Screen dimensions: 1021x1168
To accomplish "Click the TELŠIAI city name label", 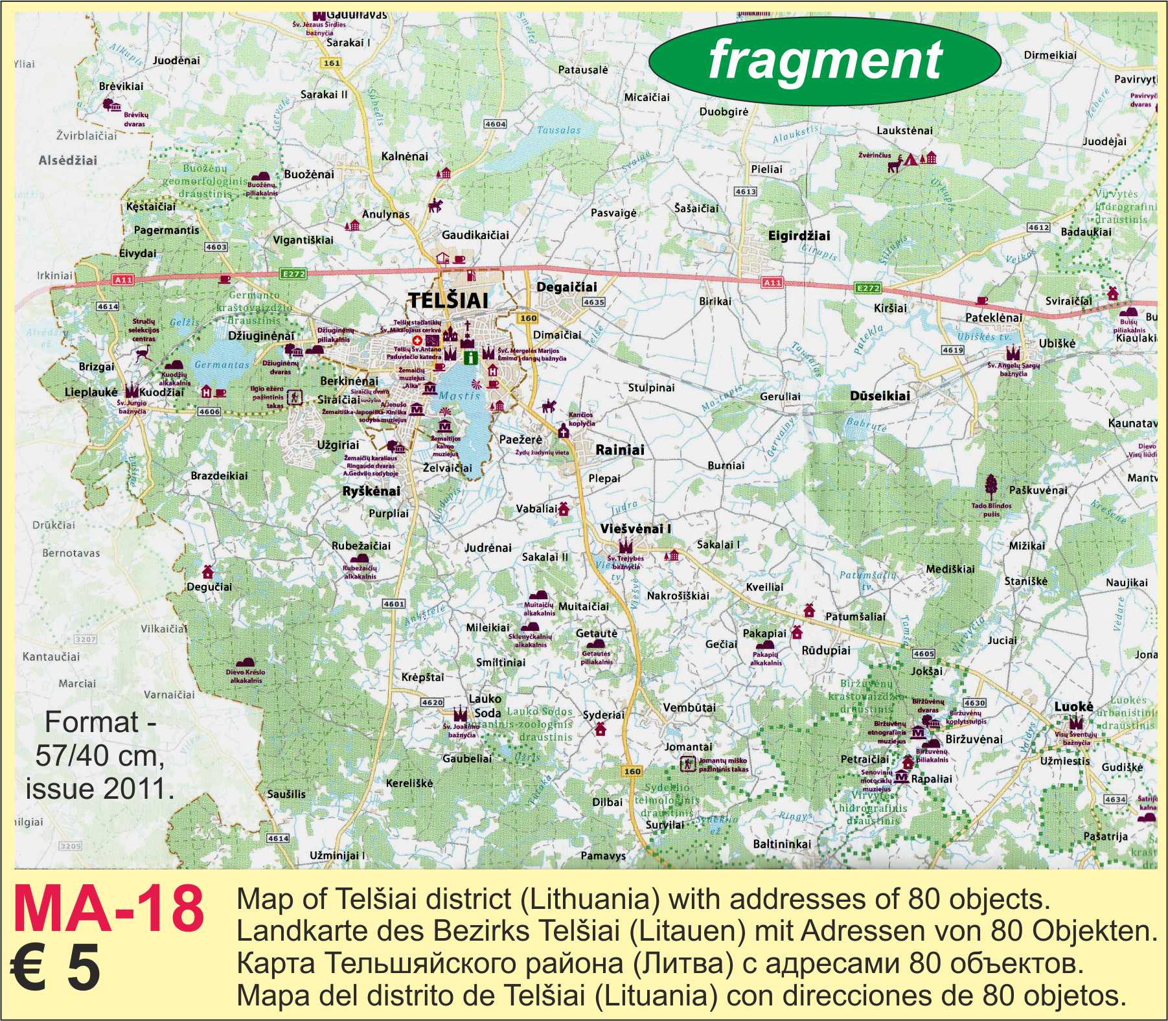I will click(x=448, y=301).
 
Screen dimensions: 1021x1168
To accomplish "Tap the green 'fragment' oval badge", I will click(x=824, y=60).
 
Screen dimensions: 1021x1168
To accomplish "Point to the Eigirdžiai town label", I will click(x=799, y=236).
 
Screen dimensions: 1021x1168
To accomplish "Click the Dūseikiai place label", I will click(x=880, y=396).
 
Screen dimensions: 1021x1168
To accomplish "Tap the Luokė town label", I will click(x=1073, y=707).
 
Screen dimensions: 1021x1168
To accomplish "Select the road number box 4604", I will click(x=495, y=124).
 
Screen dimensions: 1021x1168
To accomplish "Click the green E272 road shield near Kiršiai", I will click(x=867, y=288).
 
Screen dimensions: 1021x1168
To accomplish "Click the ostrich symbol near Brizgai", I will click(x=144, y=354).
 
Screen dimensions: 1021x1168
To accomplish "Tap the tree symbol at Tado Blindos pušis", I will click(x=991, y=487).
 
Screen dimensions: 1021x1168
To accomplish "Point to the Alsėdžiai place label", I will click(x=67, y=160).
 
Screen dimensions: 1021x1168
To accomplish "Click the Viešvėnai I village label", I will click(x=635, y=529).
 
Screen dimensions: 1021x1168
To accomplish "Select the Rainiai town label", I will click(x=620, y=450).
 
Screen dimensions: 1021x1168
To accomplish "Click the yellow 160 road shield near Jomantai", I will click(x=632, y=771).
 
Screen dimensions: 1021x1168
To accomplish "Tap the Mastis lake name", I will click(x=459, y=396).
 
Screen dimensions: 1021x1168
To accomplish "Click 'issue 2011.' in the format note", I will click(x=100, y=788).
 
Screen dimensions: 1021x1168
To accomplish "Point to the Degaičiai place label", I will click(x=567, y=287).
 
